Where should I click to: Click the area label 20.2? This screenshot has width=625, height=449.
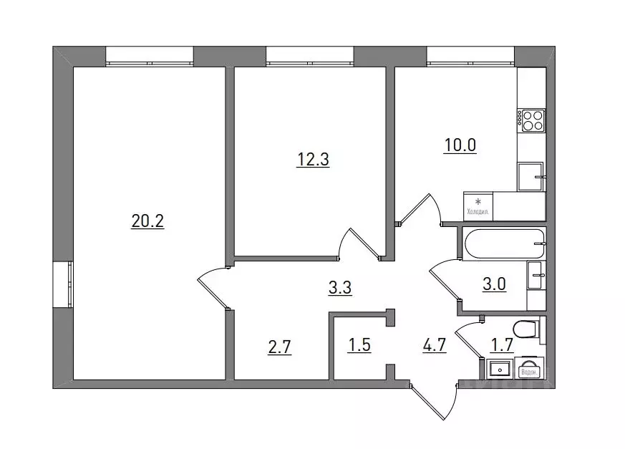(147, 222)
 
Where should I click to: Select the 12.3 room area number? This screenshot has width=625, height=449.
(313, 160)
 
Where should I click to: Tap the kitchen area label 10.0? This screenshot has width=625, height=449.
(460, 145)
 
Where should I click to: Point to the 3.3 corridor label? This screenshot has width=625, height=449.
(339, 289)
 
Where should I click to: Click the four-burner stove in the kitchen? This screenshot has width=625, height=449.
(532, 120)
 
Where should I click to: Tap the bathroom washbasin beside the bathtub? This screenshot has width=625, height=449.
(536, 275)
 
